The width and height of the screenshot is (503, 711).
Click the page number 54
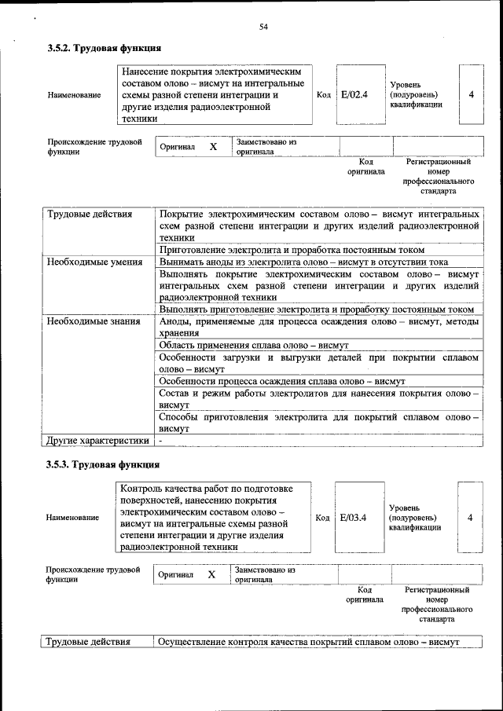tap(264, 27)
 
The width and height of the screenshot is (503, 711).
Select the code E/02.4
tap(354, 94)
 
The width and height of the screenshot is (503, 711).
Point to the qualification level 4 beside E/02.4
tap(471, 94)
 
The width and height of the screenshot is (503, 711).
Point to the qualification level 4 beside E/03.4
tap(470, 517)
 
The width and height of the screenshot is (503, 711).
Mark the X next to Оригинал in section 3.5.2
tap(213, 147)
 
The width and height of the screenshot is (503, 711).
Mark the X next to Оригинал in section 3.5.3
tap(211, 574)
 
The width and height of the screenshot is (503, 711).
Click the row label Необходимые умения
tap(94, 262)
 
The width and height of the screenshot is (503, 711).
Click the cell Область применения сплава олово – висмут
tap(253, 345)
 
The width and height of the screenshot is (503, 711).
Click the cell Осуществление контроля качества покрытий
tap(307, 642)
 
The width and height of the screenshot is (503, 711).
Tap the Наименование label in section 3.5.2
tap(75, 95)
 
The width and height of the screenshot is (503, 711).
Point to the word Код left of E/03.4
tap(322, 517)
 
